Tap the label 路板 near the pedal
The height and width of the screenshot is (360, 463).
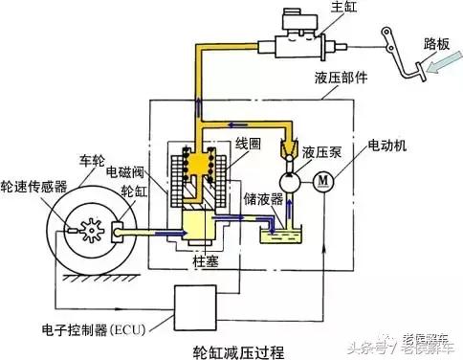(435, 44)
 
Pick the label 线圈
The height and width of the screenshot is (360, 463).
(250, 146)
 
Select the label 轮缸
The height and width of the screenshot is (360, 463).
(125, 191)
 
